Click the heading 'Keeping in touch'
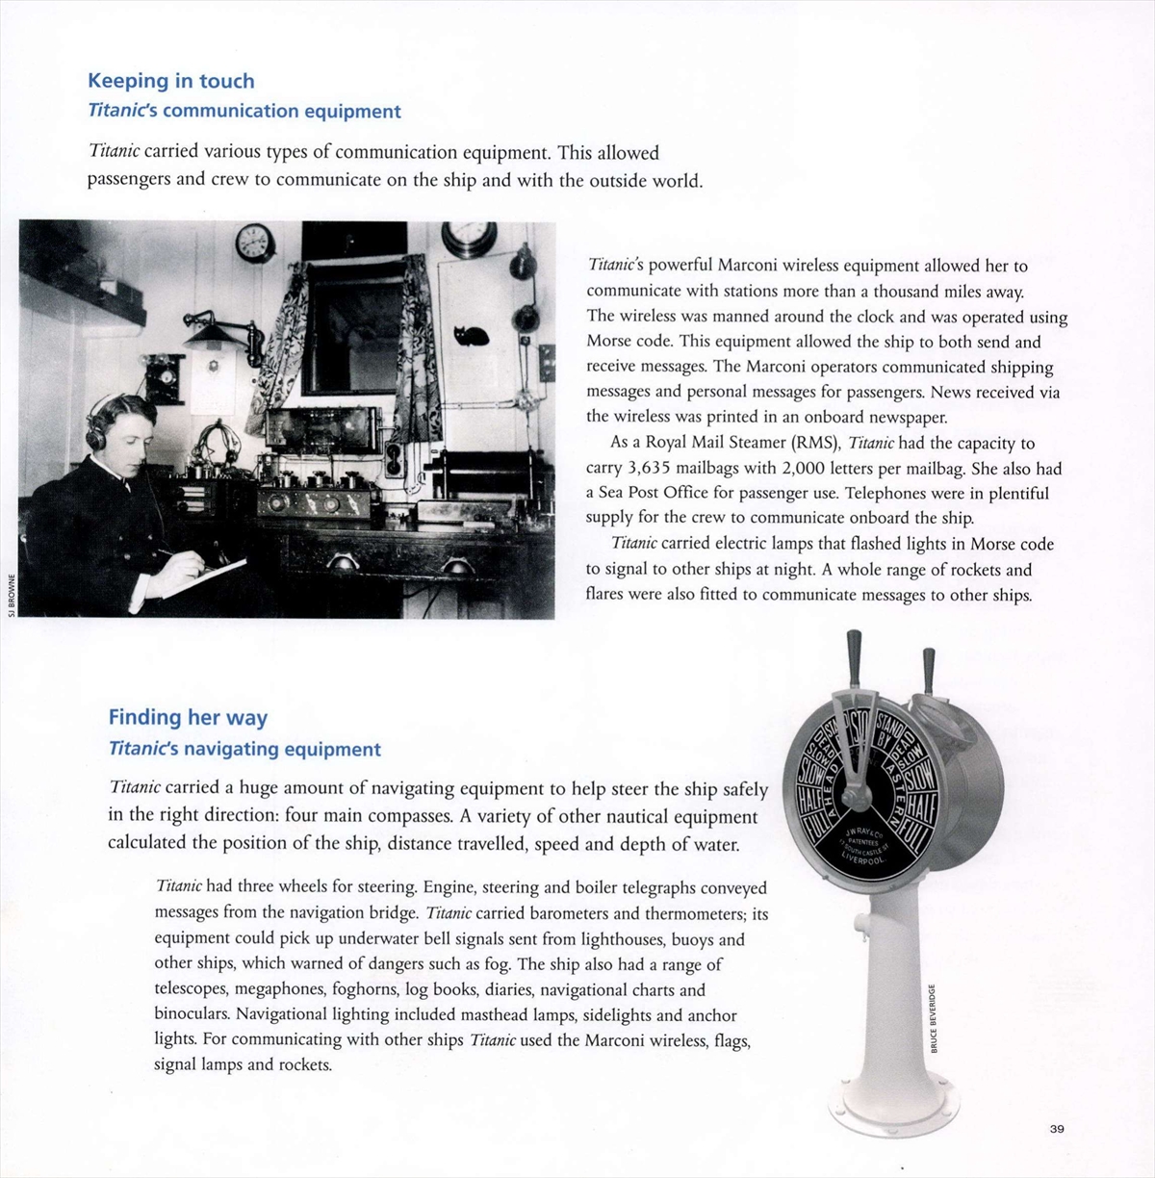pos(171,81)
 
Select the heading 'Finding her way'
pos(188,717)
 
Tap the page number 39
pos(1057,1129)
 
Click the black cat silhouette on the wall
pos(472,334)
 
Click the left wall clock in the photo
pos(254,243)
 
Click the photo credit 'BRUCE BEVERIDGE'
pos(933,1017)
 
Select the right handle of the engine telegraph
pos(929,670)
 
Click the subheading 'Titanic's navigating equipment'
pos(244,749)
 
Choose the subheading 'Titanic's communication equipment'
pos(244,111)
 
